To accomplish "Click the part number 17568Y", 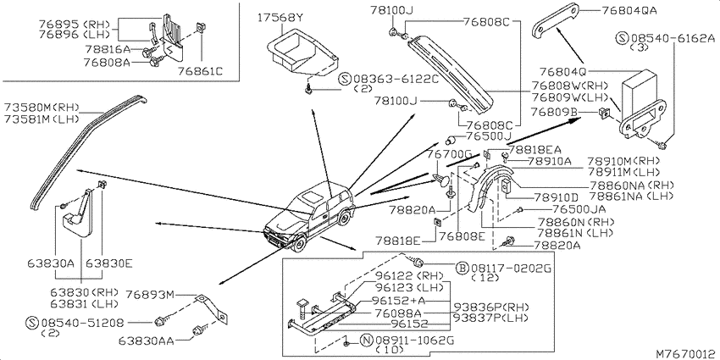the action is [x=280, y=19].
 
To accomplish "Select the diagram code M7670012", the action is [x=686, y=353].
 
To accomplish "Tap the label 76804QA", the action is [x=623, y=9].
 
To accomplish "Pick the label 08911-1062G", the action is [x=414, y=341].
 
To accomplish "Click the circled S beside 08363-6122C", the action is [x=345, y=80].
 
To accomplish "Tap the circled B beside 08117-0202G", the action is [x=462, y=268].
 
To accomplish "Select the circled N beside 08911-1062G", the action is [x=367, y=341].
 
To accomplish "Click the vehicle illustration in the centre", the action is [x=309, y=217].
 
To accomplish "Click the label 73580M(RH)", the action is [x=42, y=108].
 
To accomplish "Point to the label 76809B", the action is [x=554, y=112].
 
